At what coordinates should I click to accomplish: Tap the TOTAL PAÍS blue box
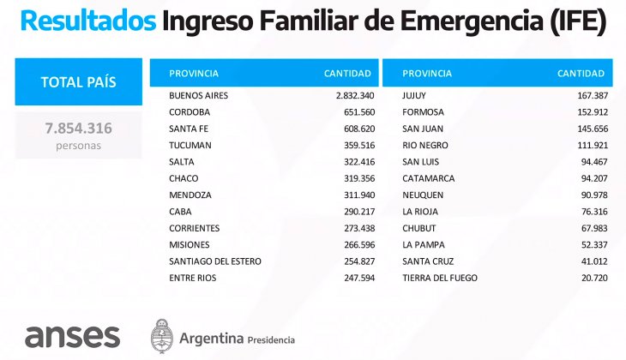pos(79,82)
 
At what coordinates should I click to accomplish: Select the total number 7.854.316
pos(79,129)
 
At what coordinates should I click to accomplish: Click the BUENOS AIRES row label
pos(199,96)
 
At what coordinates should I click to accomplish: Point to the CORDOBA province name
pos(190,112)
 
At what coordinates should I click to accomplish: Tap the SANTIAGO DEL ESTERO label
pos(215,261)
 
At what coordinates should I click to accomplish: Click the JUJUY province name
pos(414,96)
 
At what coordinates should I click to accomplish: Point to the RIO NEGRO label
pos(425,146)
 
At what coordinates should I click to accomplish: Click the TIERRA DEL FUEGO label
pos(440,278)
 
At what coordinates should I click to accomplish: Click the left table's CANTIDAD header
pos(347,73)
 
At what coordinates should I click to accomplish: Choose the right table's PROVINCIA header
pos(427,73)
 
